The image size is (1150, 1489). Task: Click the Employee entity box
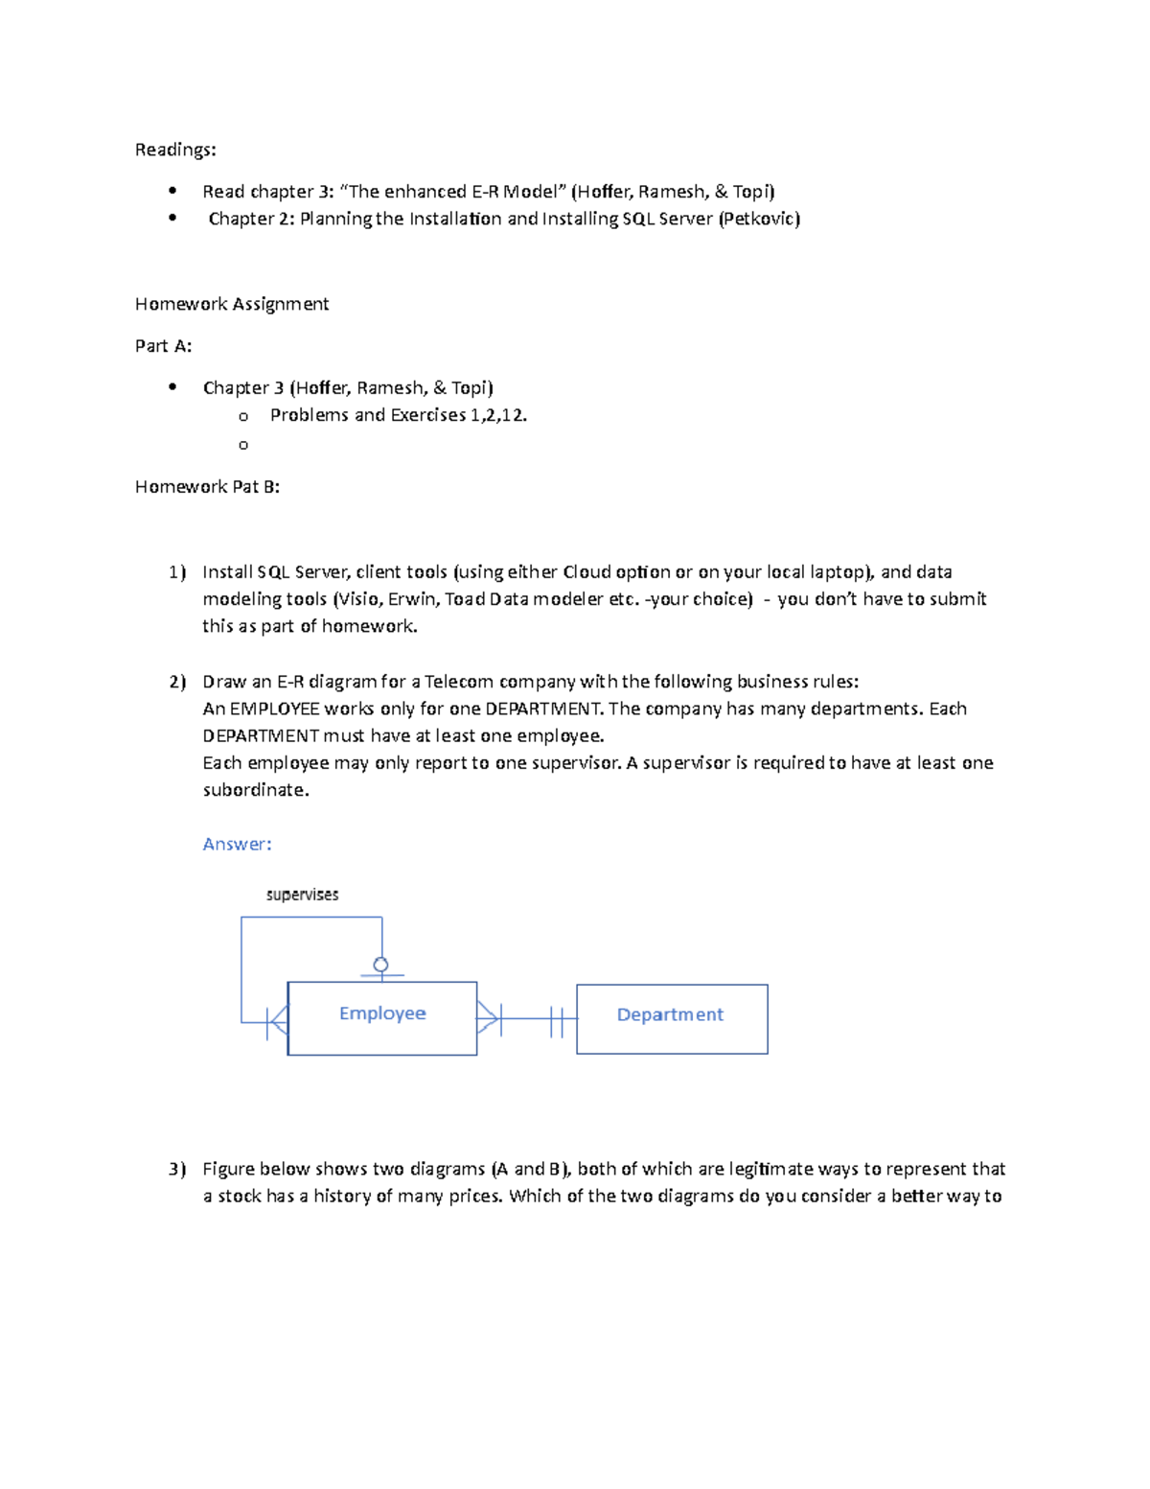click(381, 1017)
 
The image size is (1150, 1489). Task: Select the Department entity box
click(671, 1018)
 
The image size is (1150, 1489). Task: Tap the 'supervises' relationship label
click(302, 895)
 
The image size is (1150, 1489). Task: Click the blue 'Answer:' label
click(237, 844)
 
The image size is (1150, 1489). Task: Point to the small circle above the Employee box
click(380, 965)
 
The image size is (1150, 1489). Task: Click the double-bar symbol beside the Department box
click(557, 1019)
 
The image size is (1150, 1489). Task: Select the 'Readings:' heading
click(175, 150)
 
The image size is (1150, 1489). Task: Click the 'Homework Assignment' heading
click(232, 304)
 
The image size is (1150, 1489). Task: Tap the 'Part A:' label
click(163, 346)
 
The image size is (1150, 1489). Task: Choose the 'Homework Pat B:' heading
click(207, 486)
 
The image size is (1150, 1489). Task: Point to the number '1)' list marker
click(176, 572)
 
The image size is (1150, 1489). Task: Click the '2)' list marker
click(176, 682)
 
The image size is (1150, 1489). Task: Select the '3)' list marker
click(176, 1169)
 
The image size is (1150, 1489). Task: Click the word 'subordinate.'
click(256, 790)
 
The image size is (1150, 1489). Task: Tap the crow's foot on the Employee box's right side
click(488, 1018)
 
